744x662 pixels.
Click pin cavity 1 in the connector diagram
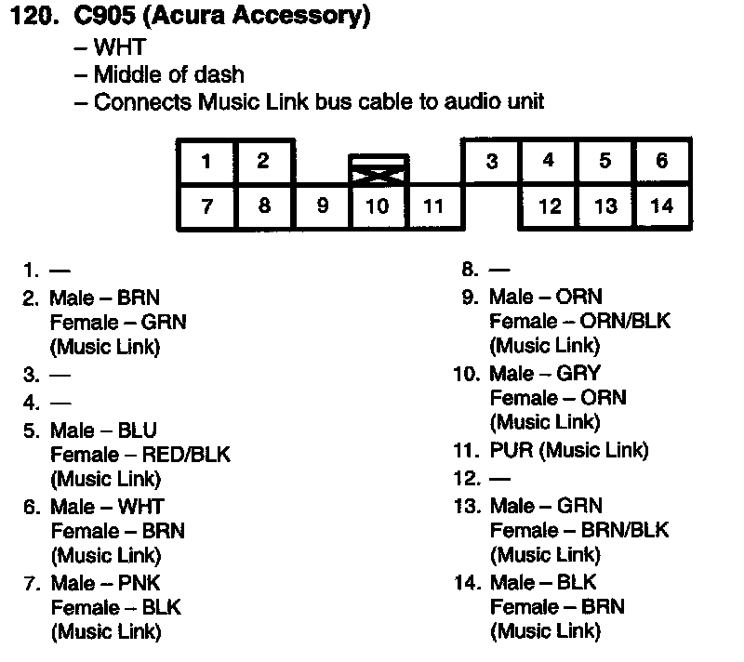[x=206, y=162]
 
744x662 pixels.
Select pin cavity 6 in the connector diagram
[x=661, y=161]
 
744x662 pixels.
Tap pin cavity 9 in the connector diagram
[x=322, y=205]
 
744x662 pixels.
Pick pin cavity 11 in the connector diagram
[x=433, y=205]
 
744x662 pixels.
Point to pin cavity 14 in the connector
[x=661, y=205]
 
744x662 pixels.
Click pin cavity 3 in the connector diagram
[x=491, y=162]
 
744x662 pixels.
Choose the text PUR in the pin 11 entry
[x=510, y=451]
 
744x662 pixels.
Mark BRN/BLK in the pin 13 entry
[x=624, y=530]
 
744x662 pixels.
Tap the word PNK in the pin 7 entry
[x=139, y=583]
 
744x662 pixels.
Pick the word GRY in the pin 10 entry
[x=578, y=373]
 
